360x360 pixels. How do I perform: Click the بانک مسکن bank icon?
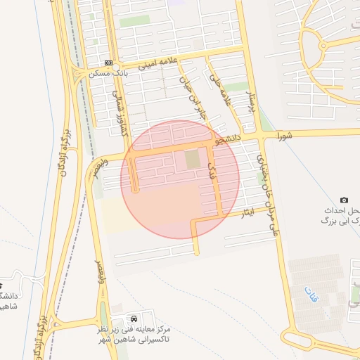point(108,63)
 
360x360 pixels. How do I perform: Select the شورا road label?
point(283,134)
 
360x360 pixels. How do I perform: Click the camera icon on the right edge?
point(344,201)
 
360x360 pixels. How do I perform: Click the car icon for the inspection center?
point(134,319)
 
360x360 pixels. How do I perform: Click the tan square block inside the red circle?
point(192,160)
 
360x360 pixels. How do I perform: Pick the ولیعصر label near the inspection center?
point(100,271)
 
